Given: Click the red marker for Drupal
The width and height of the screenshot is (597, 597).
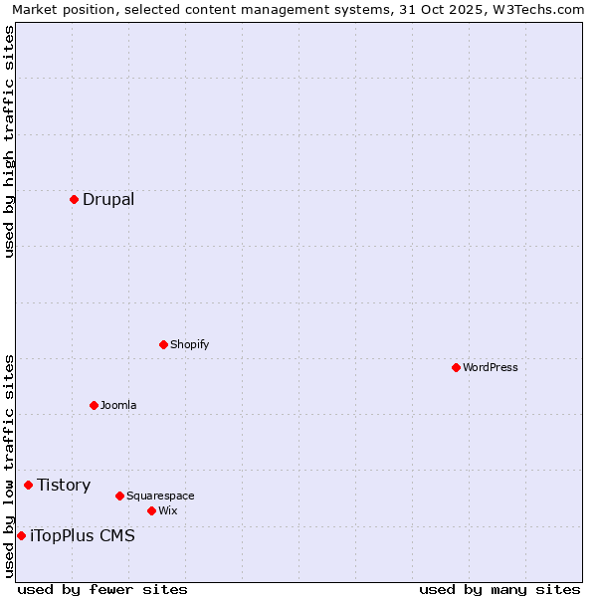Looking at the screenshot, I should (x=74, y=199).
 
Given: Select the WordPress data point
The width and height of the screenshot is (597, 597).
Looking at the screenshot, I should (x=456, y=367).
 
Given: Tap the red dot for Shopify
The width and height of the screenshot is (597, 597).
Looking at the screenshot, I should (x=163, y=344).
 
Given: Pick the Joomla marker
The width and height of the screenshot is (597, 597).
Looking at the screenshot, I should (x=94, y=405).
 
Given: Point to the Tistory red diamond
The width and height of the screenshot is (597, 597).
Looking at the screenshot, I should (x=28, y=485).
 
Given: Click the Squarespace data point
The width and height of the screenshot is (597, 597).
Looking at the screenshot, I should (x=119, y=496).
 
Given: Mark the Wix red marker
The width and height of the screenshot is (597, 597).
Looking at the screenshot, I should (x=151, y=510).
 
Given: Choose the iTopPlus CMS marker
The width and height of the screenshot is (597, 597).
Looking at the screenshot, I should (x=21, y=535).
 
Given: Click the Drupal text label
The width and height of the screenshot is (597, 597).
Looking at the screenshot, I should (x=108, y=199).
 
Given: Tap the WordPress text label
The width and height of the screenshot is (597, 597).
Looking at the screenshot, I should (x=491, y=367).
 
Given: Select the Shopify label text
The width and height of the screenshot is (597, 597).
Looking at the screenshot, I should (x=189, y=344).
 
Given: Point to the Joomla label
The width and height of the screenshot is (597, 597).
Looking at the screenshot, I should (x=118, y=405).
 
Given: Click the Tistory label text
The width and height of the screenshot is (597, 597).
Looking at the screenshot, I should (x=64, y=485).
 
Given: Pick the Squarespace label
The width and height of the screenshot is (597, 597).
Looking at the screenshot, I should (x=160, y=496).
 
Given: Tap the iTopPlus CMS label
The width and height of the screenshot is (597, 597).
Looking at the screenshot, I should (x=83, y=535).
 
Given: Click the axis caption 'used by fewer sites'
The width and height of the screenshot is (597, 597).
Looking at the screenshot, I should (x=101, y=589).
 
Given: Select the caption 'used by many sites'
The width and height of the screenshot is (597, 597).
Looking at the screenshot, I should (x=499, y=589).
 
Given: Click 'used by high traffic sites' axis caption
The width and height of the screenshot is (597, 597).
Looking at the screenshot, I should (x=9, y=141).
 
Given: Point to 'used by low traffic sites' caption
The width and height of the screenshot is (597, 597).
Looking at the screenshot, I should (x=9, y=466).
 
